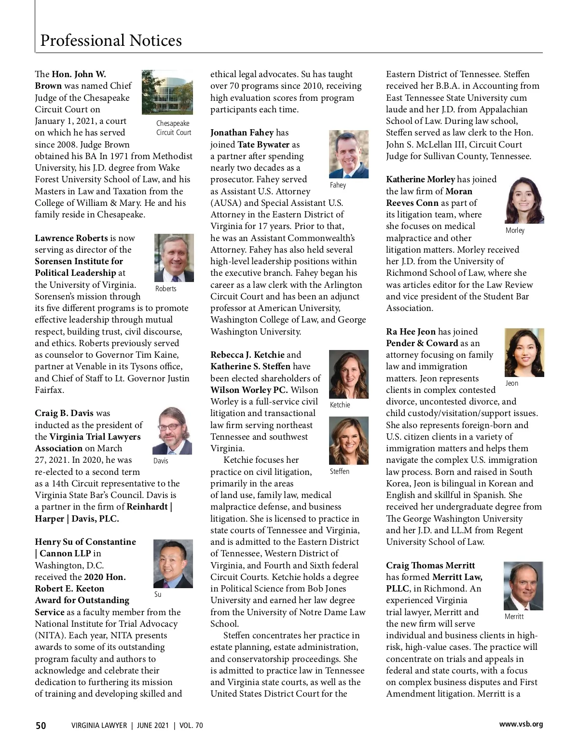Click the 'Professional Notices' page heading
pos(111,40)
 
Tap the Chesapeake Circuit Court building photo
pos(167,92)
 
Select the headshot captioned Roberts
pos(174,257)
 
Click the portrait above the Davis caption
pos(172,431)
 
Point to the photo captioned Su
pos(173,564)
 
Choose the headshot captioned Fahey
pos(348,154)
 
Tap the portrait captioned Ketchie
pos(348,374)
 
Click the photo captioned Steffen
pos(348,441)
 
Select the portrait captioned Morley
pos(524,200)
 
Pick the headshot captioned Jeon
pos(524,352)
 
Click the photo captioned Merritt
pos(523,586)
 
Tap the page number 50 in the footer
pos(41,726)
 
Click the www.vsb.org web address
pos(521,724)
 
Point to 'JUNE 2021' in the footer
pos(152,726)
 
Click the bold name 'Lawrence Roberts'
pos(71,238)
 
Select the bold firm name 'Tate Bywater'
pos(263,145)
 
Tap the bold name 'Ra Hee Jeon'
pos(411,332)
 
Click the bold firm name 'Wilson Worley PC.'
pos(249,390)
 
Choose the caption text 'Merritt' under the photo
pos(514,617)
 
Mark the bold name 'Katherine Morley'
pos(420,179)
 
